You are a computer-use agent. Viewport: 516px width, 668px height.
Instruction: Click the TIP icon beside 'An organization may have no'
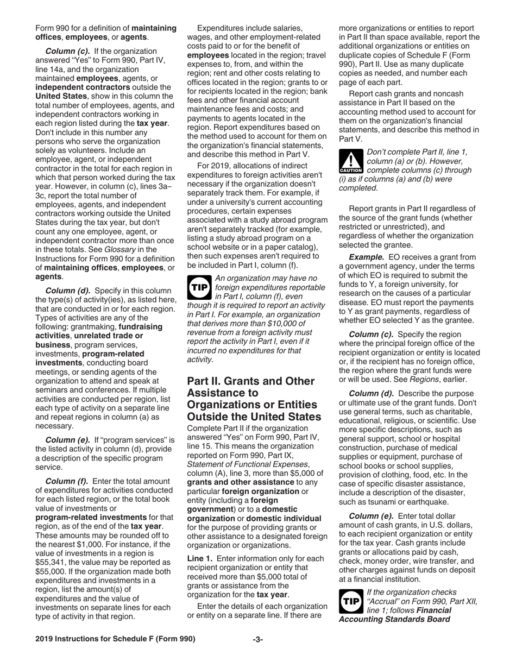(x=199, y=289)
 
